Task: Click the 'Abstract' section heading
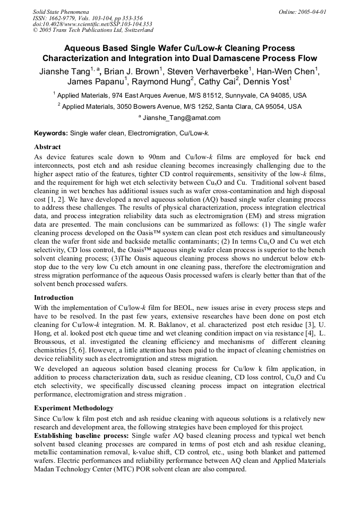click(x=47, y=146)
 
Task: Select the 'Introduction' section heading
click(x=54, y=297)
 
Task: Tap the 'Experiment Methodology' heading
click(x=73, y=408)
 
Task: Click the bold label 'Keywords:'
click(x=51, y=133)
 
